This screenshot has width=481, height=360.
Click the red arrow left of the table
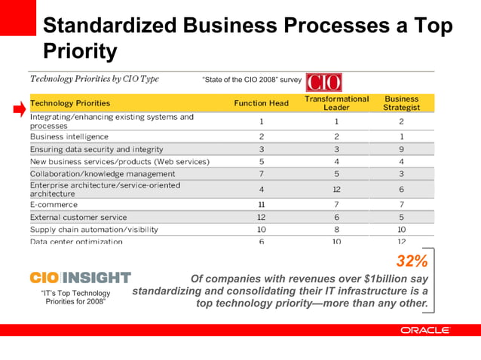19,111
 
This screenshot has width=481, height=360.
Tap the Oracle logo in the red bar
425,330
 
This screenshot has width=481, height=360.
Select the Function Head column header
261,103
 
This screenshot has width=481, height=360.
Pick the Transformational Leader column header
336,103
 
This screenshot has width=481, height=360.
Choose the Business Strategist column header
401,103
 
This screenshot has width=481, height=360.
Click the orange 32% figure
412,261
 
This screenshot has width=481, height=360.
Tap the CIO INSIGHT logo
80,278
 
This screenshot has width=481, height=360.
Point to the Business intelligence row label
69,136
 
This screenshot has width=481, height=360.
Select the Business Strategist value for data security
401,149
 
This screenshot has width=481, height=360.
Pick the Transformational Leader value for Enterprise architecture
336,189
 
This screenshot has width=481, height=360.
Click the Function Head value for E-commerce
261,204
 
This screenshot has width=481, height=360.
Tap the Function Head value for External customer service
261,217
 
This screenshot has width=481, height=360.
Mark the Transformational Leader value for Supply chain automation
336,229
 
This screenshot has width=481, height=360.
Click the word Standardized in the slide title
108,26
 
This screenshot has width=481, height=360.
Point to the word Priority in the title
80,51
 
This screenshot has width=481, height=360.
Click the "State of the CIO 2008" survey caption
252,80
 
